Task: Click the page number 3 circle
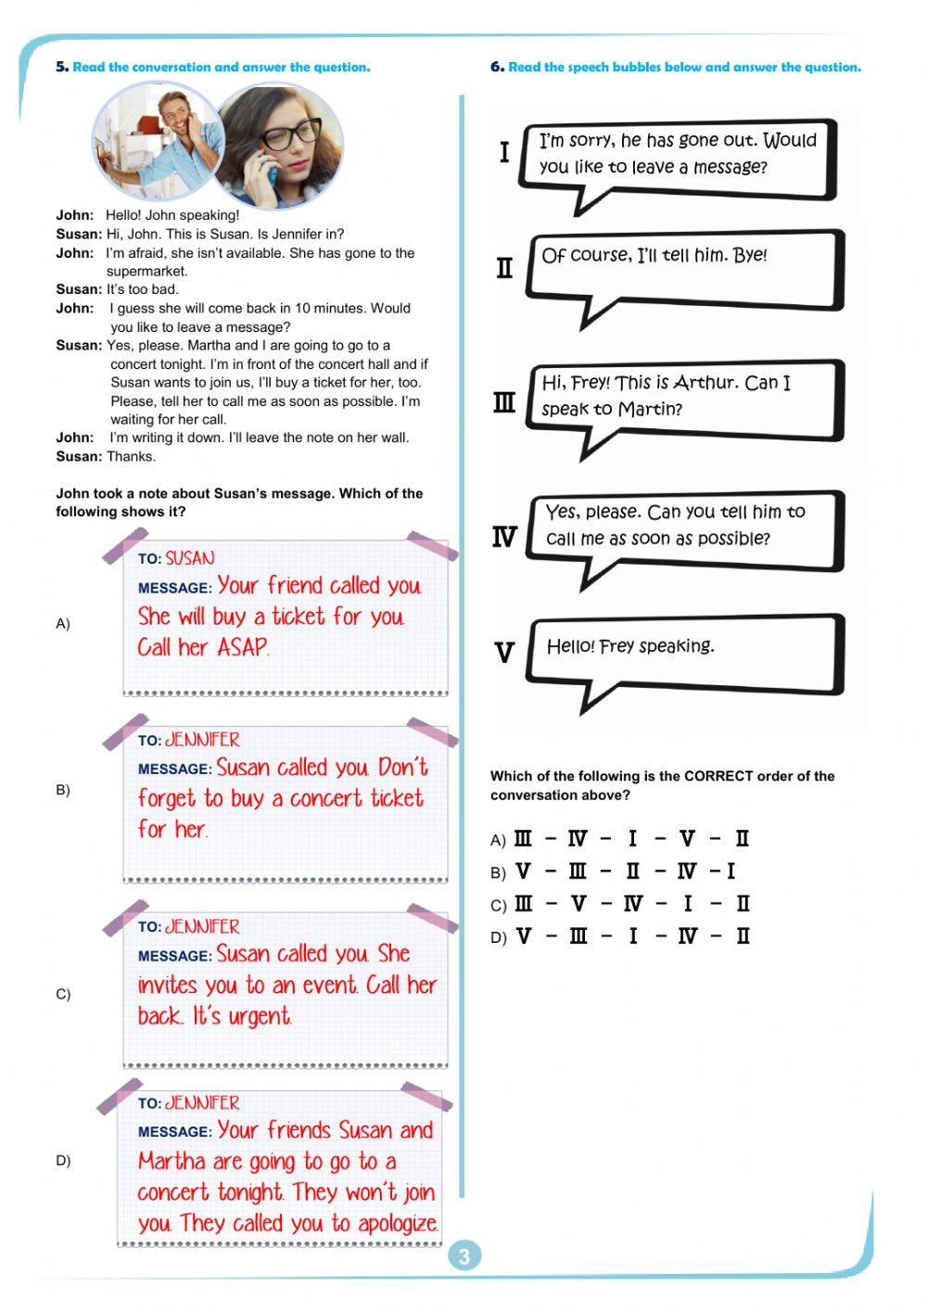(x=464, y=1256)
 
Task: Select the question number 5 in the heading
(x=61, y=67)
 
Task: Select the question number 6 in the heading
(x=497, y=67)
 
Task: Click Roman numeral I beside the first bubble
(x=504, y=152)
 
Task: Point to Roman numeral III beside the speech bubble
(x=504, y=403)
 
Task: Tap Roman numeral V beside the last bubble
(x=504, y=653)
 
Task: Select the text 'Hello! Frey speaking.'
(x=630, y=646)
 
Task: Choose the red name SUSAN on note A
(x=190, y=558)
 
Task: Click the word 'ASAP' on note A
(x=243, y=647)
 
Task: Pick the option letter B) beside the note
(x=63, y=790)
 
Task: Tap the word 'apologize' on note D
(x=397, y=1224)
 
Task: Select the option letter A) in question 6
(x=498, y=840)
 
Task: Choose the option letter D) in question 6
(x=498, y=937)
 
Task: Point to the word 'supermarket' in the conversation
(x=146, y=272)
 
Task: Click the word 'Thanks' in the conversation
(x=131, y=456)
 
